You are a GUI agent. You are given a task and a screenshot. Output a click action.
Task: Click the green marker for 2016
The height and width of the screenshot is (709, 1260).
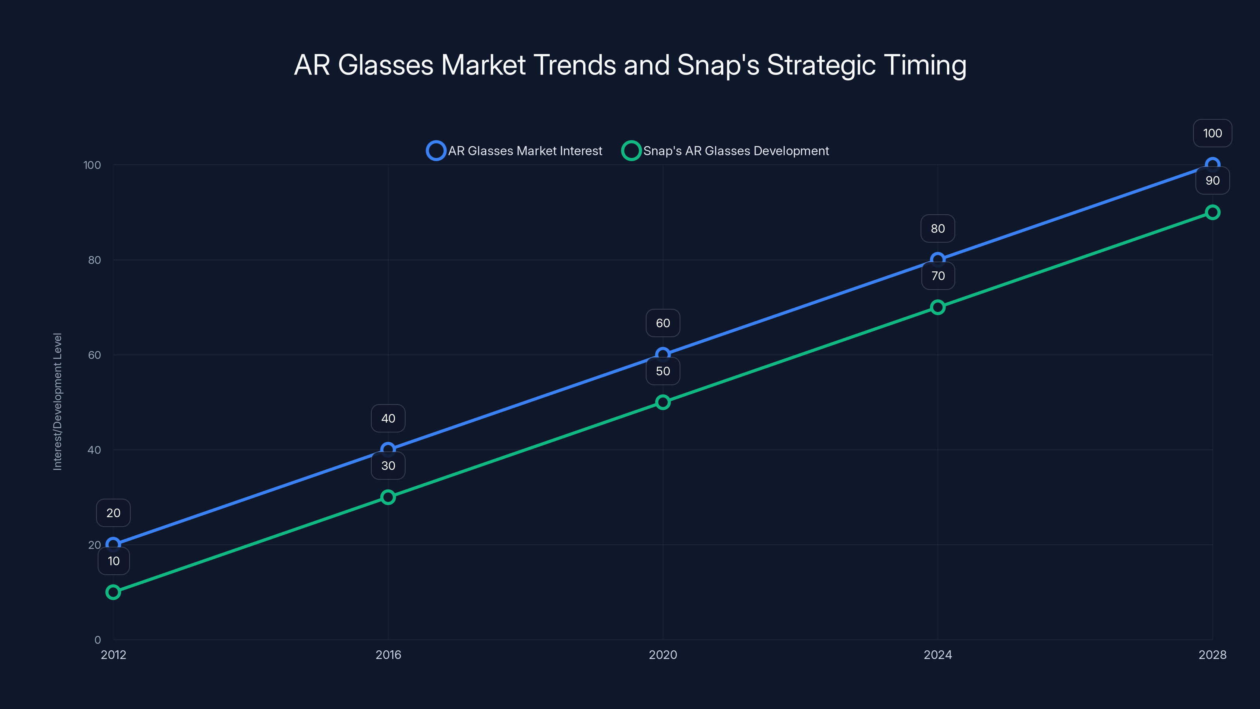pos(388,497)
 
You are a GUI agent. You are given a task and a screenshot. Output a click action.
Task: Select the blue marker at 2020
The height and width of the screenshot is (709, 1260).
pos(663,354)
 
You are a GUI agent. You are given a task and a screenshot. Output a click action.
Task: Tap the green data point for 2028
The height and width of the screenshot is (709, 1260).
pos(1212,212)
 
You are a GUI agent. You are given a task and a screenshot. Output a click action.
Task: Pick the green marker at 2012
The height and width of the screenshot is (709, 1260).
pos(113,592)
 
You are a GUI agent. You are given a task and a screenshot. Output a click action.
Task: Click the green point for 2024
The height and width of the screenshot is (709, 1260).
pos(938,307)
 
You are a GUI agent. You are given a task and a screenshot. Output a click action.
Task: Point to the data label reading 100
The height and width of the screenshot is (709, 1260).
pos(1212,134)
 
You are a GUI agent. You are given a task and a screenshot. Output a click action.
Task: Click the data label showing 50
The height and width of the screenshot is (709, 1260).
pos(663,371)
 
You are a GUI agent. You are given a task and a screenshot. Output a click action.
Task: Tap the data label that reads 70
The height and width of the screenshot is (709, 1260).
pos(938,276)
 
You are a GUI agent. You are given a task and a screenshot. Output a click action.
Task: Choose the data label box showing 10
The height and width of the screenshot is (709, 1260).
pos(113,561)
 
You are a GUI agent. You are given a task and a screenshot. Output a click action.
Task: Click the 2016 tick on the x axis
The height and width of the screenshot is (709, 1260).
pos(388,655)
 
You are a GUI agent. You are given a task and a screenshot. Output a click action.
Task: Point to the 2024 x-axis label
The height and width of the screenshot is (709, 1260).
pos(938,655)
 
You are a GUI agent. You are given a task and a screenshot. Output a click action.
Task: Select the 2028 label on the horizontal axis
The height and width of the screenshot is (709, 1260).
pos(1212,655)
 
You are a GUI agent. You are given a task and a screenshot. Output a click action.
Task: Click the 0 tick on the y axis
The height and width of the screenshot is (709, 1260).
pos(97,640)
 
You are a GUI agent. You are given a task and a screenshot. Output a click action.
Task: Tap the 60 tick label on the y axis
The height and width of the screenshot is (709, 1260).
pos(94,355)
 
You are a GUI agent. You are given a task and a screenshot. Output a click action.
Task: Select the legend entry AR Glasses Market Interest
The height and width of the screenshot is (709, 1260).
pos(524,151)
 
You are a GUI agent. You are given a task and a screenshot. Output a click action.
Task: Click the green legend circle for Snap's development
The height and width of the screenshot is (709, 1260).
pos(631,151)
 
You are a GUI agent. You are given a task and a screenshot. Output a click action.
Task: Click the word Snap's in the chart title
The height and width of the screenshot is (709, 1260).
pos(717,65)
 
